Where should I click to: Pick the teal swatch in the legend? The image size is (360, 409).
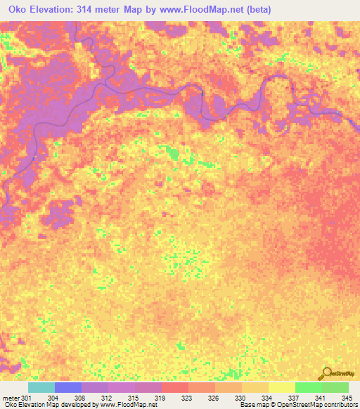(41, 387)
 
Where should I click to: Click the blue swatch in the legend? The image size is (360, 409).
(67, 387)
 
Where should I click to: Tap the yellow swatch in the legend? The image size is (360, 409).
(281, 387)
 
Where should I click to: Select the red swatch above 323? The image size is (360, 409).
(174, 387)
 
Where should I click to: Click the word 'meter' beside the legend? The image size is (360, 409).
(10, 398)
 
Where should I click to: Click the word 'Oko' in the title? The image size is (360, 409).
(16, 10)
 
